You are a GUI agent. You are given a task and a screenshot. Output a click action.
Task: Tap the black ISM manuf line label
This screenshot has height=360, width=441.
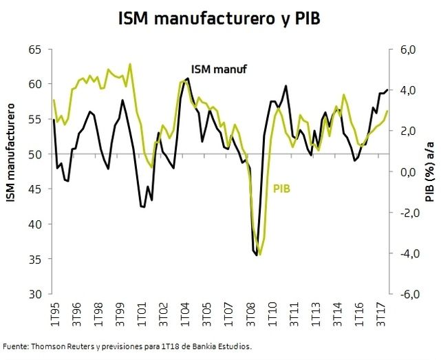219,69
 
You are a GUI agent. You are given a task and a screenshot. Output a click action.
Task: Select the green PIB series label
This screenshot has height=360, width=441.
283,187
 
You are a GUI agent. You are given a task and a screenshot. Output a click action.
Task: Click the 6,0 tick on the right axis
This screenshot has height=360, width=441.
407,50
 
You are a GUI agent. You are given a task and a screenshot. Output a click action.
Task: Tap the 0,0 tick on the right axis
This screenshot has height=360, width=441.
407,172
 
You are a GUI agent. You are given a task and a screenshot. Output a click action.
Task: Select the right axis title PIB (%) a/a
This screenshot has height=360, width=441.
430,173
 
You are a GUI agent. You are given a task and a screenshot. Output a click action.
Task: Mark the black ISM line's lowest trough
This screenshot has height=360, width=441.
257,255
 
